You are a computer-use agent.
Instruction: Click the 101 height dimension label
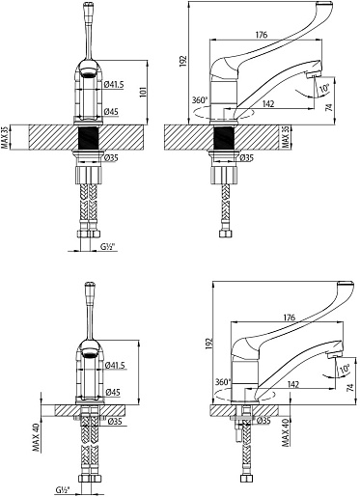(x=144, y=92)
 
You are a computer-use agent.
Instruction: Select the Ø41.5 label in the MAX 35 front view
(x=114, y=85)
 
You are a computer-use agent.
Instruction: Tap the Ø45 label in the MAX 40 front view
(x=113, y=392)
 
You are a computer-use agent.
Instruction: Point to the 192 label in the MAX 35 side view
(x=183, y=61)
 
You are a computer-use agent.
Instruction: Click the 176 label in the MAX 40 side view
(x=290, y=318)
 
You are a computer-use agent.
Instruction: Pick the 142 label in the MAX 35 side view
(x=268, y=103)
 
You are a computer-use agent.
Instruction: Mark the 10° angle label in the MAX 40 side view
(x=345, y=369)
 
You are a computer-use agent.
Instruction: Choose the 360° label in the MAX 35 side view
(x=200, y=100)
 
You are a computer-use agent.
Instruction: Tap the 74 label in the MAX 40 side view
(x=350, y=387)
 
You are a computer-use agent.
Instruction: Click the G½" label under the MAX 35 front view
(x=108, y=247)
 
